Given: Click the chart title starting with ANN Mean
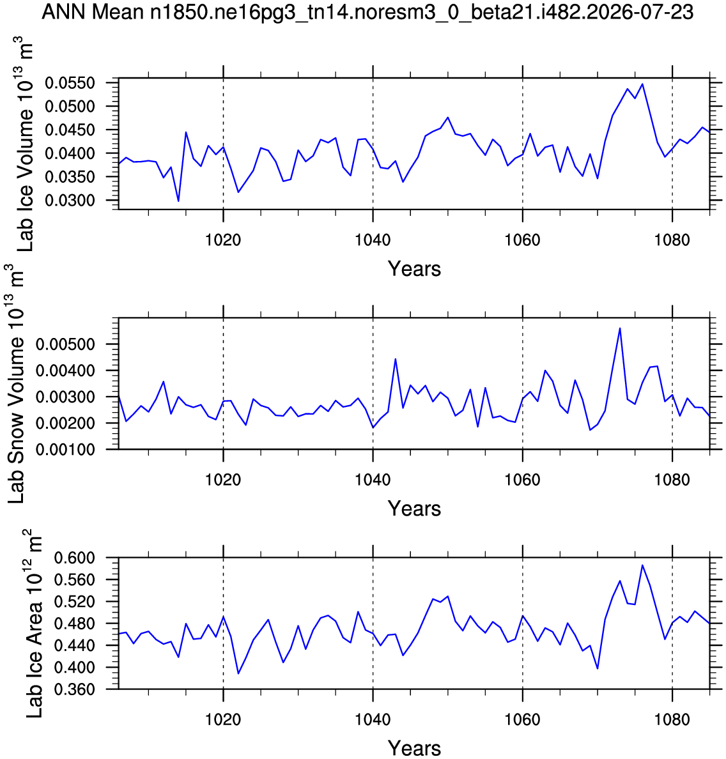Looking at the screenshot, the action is [367, 12].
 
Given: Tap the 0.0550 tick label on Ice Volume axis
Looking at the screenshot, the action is [70, 83].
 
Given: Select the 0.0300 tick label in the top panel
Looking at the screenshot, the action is [70, 201].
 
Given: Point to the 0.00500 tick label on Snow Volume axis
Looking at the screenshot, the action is [65, 344].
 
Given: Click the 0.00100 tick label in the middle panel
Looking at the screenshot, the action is [65, 450].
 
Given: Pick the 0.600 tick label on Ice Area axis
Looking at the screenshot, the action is [74, 558].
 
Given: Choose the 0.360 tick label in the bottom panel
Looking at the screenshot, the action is [74, 689].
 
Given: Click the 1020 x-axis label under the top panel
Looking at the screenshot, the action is [223, 240].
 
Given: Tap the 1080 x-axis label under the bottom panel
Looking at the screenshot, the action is [672, 719].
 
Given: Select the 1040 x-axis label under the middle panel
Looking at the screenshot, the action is [373, 480].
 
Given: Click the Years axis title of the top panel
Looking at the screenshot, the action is [415, 268].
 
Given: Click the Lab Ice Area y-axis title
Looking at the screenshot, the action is [33, 624].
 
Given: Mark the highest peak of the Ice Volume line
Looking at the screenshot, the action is [642, 84].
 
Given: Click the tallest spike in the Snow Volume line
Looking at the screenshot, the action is [620, 328].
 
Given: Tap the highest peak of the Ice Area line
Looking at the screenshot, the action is [642, 565].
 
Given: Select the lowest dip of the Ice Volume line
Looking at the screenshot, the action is [178, 201].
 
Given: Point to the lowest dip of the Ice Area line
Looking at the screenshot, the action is [238, 673].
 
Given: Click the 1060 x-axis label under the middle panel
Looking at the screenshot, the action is [523, 480].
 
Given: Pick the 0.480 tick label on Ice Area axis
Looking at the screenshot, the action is [74, 624].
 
